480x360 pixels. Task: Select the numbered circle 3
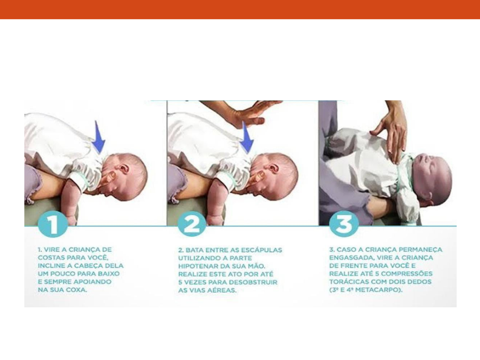(x=344, y=224)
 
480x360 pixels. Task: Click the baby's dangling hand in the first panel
(x=70, y=219)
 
